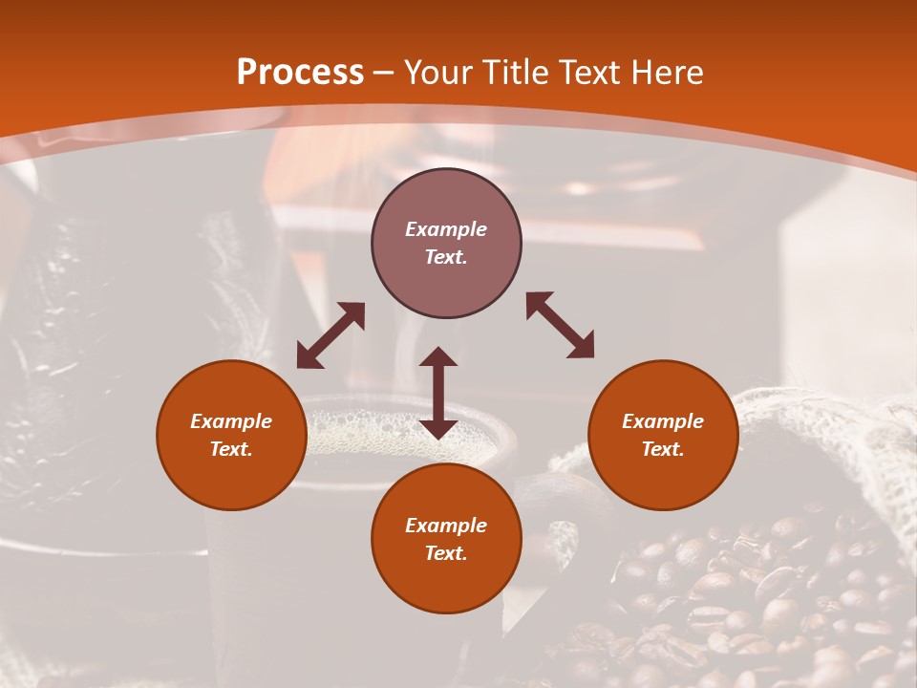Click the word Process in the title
(x=300, y=73)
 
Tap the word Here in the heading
(x=667, y=73)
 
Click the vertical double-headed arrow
(x=438, y=393)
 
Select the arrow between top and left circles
(x=331, y=335)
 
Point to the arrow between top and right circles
(x=561, y=325)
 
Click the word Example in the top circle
(x=446, y=229)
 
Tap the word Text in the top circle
(x=446, y=257)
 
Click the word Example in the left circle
(x=231, y=421)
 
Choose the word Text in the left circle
(x=231, y=449)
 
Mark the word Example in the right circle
(x=663, y=421)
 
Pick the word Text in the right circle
(x=663, y=449)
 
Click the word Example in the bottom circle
(x=446, y=526)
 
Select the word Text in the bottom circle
(x=446, y=553)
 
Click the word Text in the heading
(x=588, y=73)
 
